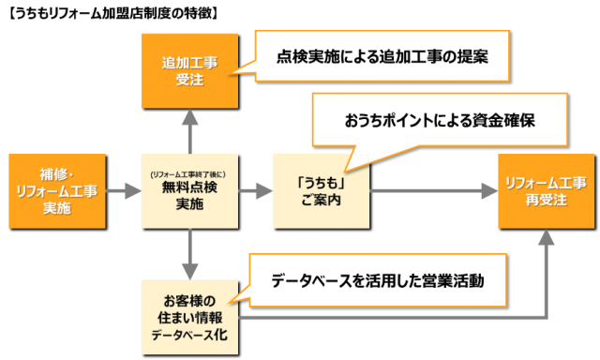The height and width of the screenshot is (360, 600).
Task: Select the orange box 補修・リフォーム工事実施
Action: pos(56,191)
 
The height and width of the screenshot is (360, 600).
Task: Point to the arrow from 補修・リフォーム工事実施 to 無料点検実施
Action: pos(122,191)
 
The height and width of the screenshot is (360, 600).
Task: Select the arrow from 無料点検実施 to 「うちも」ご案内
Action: pos(254,191)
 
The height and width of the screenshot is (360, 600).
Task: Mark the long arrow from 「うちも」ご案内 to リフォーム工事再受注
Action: pos(431,191)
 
